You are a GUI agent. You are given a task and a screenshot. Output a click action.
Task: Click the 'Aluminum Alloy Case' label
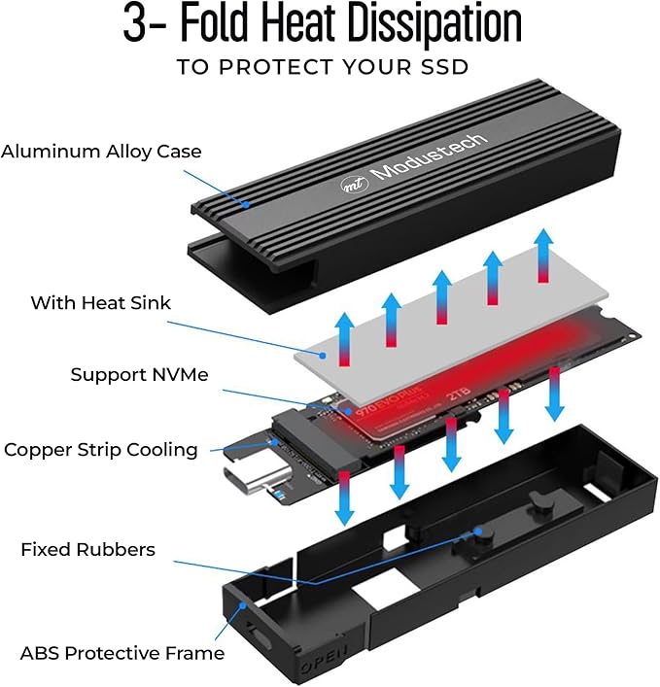coord(101,152)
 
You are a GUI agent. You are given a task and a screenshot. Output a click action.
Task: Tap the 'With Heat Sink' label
coord(100,303)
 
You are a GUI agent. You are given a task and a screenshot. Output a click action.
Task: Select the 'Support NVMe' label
coord(139,375)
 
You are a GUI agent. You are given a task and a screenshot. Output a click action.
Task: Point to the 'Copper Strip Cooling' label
coord(101,450)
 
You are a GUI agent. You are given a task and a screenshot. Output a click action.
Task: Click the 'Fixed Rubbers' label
coord(88,549)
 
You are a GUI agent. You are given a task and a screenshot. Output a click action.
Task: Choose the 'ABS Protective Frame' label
coord(122,653)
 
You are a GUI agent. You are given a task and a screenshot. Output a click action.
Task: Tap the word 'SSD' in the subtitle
coord(444,67)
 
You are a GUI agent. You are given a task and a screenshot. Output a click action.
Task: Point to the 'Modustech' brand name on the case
coord(429,156)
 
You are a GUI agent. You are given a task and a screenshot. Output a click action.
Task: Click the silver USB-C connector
coord(258,479)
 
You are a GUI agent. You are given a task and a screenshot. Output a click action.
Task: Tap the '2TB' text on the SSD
coord(459,395)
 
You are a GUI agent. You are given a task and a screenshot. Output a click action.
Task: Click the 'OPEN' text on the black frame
coord(325,660)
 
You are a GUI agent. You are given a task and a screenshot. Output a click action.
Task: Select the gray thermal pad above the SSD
coord(451,326)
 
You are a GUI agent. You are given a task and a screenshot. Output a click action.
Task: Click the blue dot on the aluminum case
coord(247,204)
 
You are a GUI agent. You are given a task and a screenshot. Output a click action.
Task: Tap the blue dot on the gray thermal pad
coord(323,356)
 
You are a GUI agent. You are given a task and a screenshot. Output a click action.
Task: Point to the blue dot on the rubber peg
coord(478,532)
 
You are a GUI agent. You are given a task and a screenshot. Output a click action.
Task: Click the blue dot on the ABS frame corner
coord(242,605)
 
